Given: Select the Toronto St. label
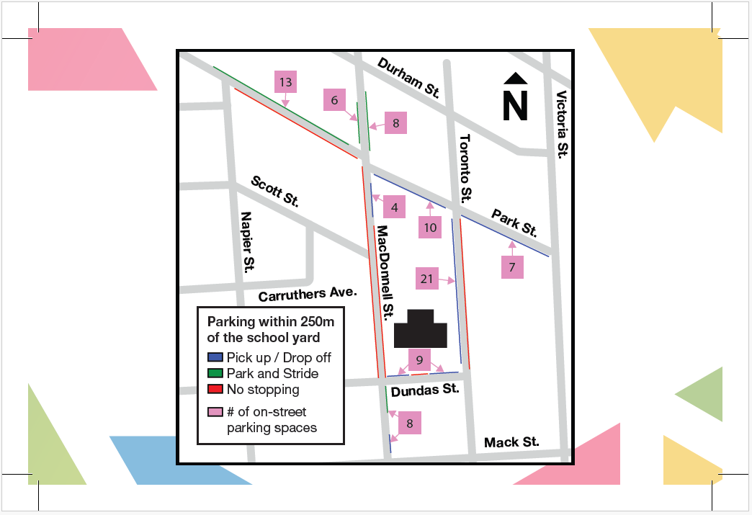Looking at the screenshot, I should click(466, 167).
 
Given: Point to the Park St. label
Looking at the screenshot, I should click(514, 223).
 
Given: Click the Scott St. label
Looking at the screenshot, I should click(274, 191).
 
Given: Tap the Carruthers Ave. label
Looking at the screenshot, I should click(308, 295).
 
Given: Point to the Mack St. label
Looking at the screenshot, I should click(511, 442).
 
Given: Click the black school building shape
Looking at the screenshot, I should click(421, 329).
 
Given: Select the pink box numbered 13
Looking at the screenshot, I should click(285, 82).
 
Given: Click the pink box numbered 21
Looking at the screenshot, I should click(428, 279).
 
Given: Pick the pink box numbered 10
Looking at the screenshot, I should click(430, 228).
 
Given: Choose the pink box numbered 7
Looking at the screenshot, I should click(512, 267).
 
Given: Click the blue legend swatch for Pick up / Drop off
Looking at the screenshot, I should click(215, 357).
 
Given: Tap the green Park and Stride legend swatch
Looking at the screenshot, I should click(215, 373).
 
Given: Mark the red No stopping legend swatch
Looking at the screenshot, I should click(215, 389).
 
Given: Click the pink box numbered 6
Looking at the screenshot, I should click(334, 100).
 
